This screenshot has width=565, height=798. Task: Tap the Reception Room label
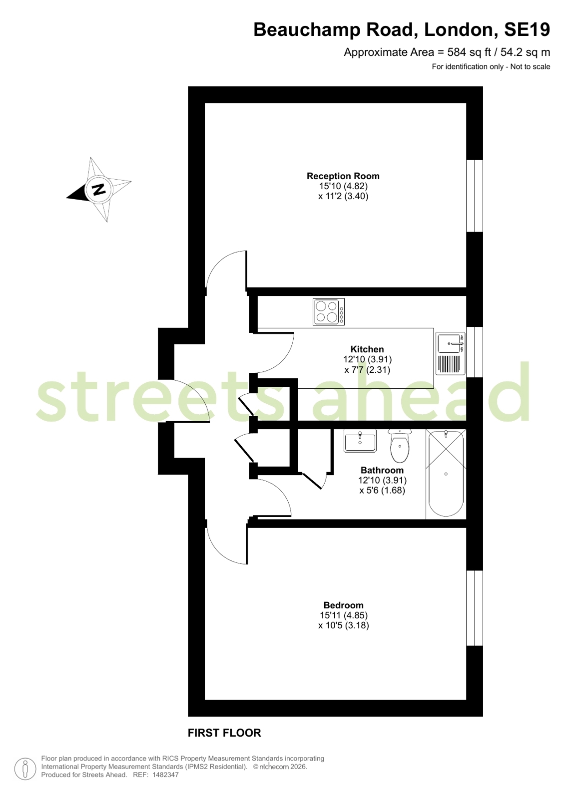click(x=343, y=176)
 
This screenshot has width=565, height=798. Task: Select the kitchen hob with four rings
click(x=329, y=311)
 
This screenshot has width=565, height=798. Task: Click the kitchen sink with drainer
click(x=450, y=353)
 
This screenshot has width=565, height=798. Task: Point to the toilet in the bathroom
click(x=400, y=446)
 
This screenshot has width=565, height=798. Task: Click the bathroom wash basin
click(x=360, y=441)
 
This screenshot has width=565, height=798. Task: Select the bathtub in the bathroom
click(x=446, y=474)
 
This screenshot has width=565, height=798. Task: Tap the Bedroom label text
click(x=343, y=605)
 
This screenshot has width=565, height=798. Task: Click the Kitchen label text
click(x=367, y=349)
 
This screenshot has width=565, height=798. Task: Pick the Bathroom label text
click(x=382, y=470)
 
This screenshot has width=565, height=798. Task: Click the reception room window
click(x=475, y=196)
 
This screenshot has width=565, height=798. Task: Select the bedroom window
click(x=475, y=608)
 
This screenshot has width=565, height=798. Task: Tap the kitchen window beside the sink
click(x=475, y=352)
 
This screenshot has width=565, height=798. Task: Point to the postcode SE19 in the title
click(x=527, y=29)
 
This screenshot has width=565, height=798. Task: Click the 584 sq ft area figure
click(x=470, y=52)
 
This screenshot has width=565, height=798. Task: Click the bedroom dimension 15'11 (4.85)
click(x=344, y=615)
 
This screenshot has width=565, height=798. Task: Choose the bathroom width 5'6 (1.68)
click(x=382, y=490)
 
